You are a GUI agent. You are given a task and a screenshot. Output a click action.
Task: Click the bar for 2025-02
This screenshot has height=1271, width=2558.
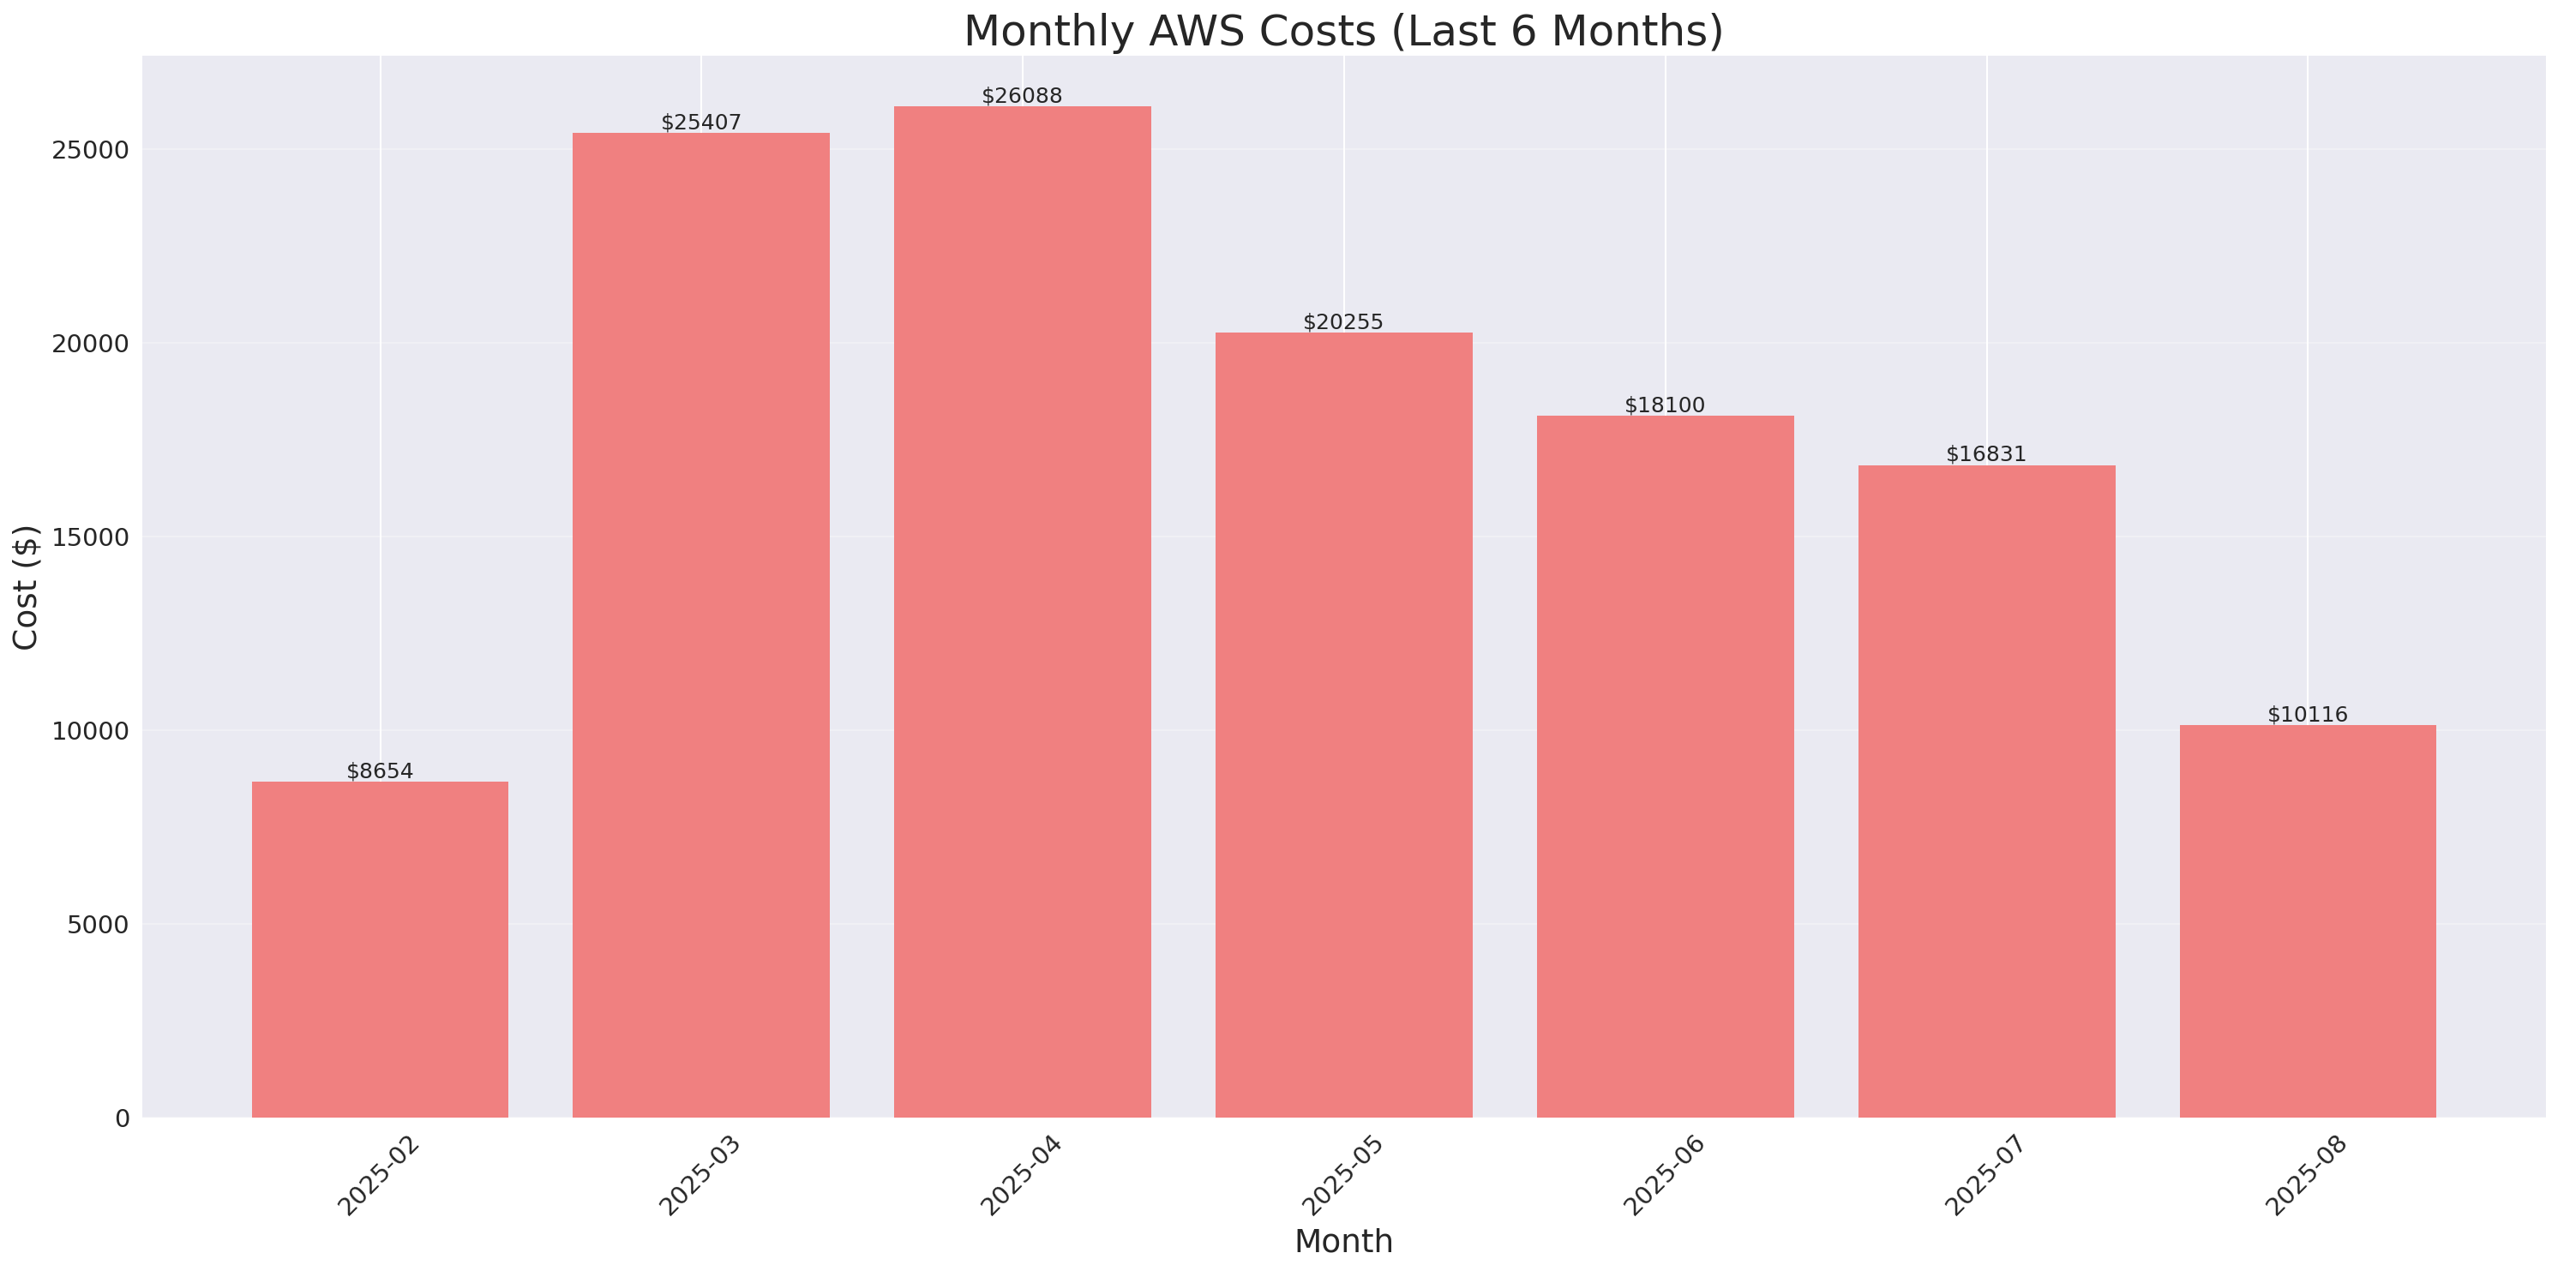[x=380, y=950]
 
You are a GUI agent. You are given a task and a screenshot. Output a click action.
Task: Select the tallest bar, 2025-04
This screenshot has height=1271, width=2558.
[x=1022, y=612]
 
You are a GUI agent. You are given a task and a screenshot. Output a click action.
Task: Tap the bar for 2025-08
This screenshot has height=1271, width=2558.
[x=2308, y=921]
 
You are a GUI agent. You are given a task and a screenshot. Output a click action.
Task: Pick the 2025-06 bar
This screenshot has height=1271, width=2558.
[x=1666, y=766]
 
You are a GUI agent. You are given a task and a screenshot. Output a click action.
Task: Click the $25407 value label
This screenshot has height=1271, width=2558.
[x=701, y=123]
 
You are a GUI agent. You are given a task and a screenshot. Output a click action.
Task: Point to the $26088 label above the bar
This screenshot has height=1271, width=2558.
[x=1022, y=95]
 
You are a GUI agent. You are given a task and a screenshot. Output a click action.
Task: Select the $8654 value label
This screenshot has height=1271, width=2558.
[x=380, y=770]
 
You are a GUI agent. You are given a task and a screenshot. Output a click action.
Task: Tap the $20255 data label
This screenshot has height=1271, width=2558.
[x=1342, y=321]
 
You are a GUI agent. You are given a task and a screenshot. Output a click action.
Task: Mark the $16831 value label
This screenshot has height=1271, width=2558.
[x=1986, y=453]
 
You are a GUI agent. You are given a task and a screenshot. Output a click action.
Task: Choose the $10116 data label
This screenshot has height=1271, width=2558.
[x=2308, y=714]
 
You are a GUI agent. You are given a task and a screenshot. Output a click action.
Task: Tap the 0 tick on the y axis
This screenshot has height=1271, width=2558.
[x=122, y=1119]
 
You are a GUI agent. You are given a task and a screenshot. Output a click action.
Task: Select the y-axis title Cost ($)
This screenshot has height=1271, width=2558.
[x=26, y=587]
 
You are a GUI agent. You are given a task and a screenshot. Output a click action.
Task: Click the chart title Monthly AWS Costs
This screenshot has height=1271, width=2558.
[x=1342, y=31]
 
